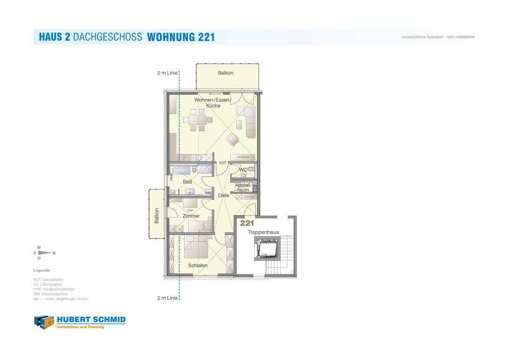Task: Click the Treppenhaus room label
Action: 263,232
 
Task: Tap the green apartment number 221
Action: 247,223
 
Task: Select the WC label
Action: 243,170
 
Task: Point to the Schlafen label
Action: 198,265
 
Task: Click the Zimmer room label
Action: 191,216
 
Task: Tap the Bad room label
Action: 187,182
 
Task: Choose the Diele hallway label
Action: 224,195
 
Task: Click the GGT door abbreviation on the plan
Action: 223,163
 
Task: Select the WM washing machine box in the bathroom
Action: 208,193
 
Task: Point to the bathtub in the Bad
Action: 180,170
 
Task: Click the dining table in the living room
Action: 198,120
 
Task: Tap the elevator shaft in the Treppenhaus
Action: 267,248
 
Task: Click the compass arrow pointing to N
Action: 45,253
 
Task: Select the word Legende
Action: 42,270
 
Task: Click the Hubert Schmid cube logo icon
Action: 44,322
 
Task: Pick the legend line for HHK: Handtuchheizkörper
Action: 54,289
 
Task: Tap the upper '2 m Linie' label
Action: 168,73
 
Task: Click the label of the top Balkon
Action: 226,73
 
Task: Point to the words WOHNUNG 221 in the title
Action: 181,37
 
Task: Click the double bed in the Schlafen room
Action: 196,247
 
